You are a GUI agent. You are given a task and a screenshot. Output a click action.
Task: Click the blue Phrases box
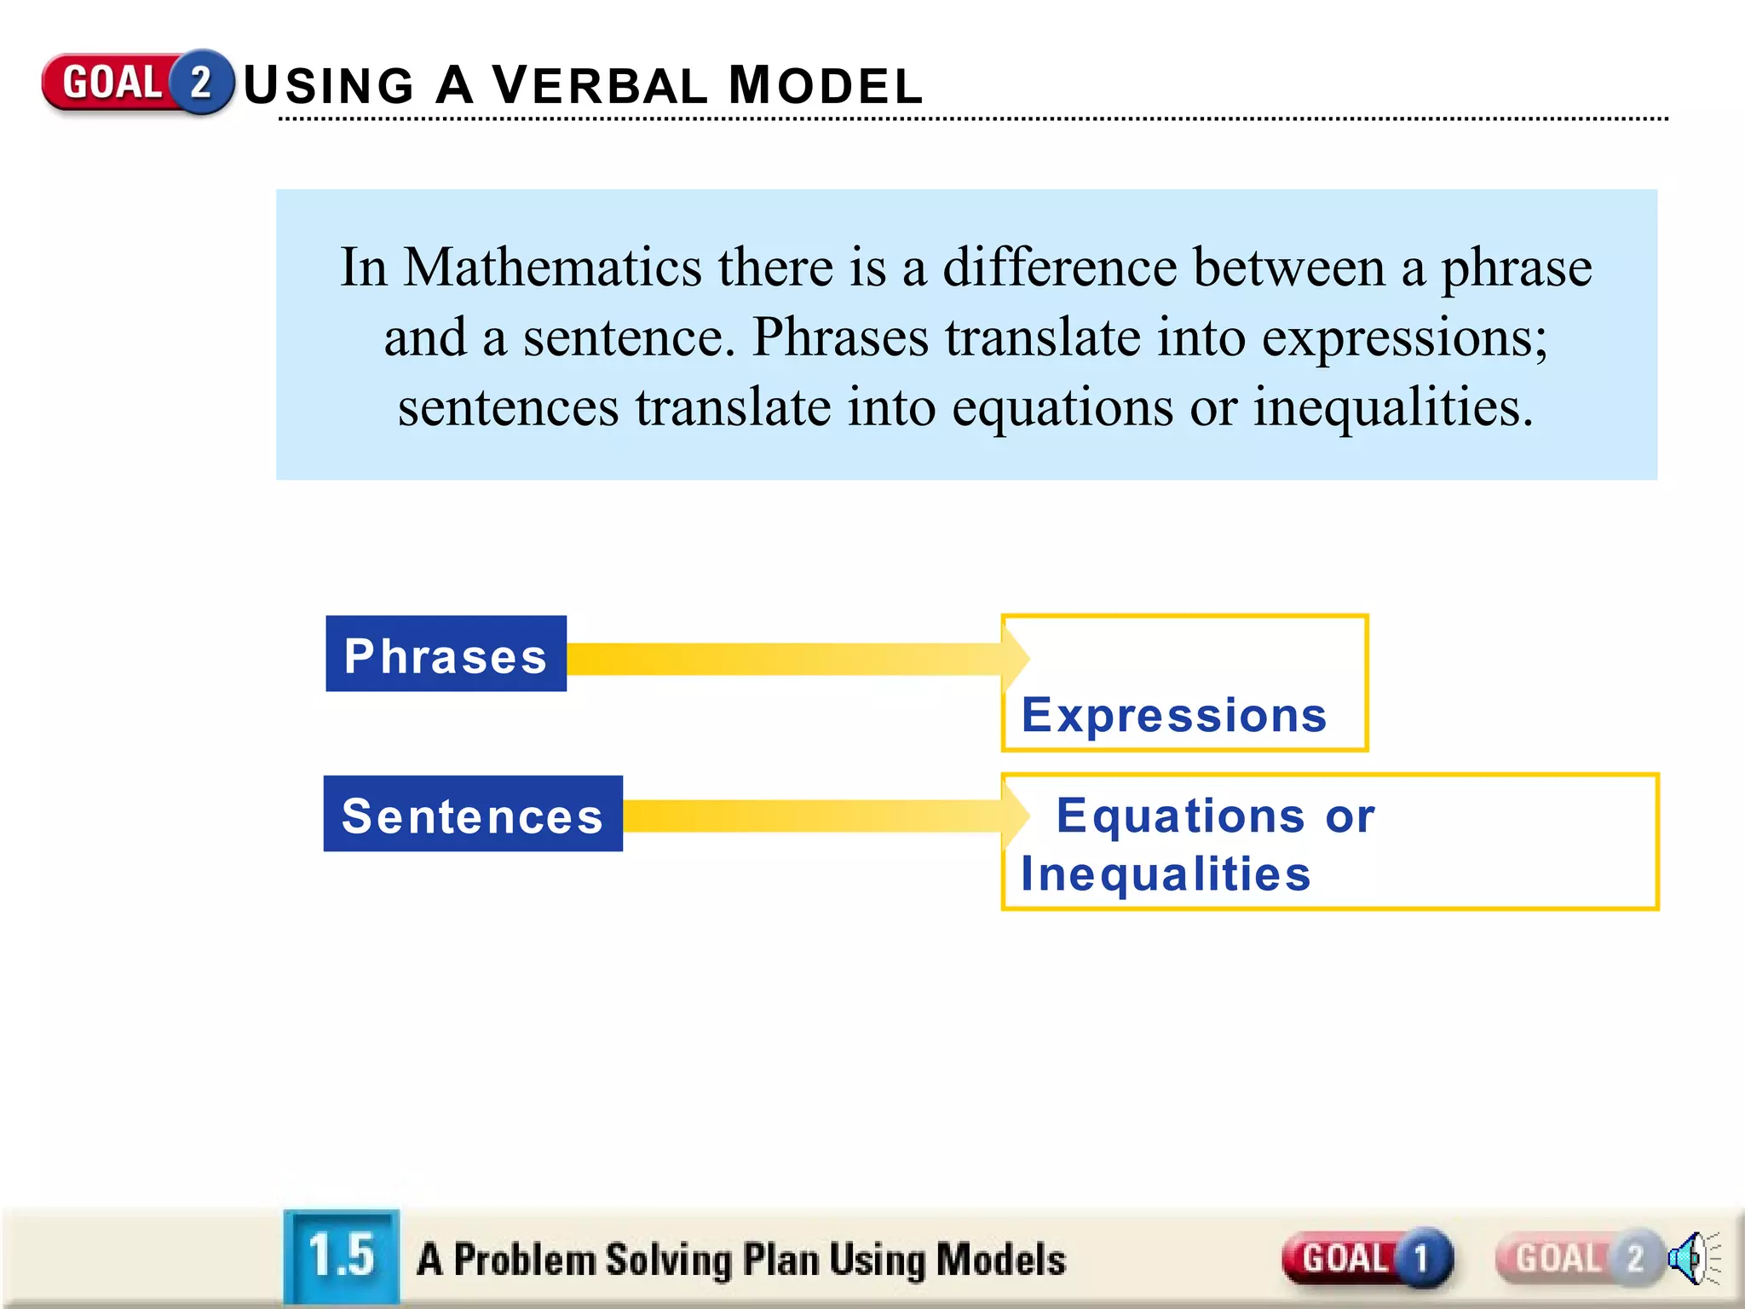click(446, 654)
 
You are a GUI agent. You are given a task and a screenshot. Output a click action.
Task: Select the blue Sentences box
click(473, 814)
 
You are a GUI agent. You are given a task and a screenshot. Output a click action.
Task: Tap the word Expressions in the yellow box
click(1174, 714)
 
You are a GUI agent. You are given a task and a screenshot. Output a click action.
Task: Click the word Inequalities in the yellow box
click(1166, 874)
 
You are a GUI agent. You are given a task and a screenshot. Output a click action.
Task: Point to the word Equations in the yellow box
click(1180, 816)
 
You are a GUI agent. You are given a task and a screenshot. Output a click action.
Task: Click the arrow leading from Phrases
click(792, 659)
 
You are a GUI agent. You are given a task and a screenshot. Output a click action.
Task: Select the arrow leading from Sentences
click(818, 816)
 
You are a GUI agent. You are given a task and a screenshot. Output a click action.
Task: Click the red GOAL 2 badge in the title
click(136, 83)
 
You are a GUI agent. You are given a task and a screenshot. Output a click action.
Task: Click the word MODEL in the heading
click(826, 86)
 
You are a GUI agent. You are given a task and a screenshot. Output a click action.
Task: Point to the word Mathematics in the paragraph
click(552, 267)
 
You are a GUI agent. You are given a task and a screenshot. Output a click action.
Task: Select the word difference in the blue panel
click(1059, 267)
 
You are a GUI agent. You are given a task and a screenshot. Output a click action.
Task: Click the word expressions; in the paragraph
click(1404, 337)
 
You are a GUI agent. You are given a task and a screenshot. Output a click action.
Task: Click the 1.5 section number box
click(342, 1255)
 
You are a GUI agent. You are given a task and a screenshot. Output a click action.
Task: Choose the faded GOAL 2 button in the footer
click(1578, 1258)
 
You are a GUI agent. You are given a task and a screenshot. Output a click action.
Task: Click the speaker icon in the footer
click(1691, 1258)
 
